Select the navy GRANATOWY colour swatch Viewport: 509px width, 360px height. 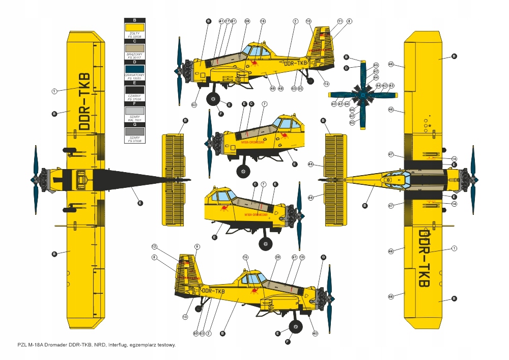pyautogui.click(x=134, y=69)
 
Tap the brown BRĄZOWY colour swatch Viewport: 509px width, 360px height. pyautogui.click(x=134, y=48)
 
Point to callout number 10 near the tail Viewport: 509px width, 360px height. pyautogui.click(x=308, y=21)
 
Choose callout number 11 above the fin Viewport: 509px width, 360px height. pyautogui.click(x=340, y=21)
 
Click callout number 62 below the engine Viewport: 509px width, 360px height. pyautogui.click(x=194, y=105)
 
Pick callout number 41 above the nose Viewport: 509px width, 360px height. pyautogui.click(x=221, y=21)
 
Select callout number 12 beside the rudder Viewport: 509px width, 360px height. pyautogui.click(x=154, y=246)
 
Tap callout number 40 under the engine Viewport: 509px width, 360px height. pyautogui.click(x=315, y=334)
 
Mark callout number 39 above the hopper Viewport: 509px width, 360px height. pyautogui.click(x=278, y=258)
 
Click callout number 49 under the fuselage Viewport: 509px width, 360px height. pyautogui.click(x=273, y=89)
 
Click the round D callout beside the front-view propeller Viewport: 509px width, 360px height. pyautogui.click(x=346, y=68)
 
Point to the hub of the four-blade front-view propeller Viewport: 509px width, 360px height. pyautogui.click(x=362, y=95)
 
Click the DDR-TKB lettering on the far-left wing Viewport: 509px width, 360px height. pyautogui.click(x=84, y=102)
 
